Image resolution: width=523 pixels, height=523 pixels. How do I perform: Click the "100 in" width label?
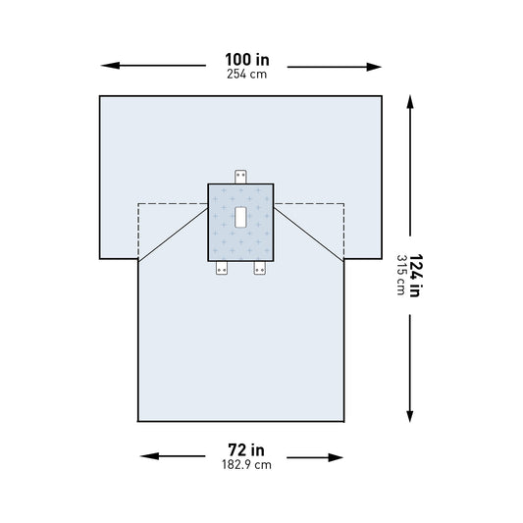click(x=241, y=60)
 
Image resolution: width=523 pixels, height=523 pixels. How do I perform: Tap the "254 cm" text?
click(x=241, y=74)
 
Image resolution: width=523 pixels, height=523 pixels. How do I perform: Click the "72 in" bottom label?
click(x=241, y=451)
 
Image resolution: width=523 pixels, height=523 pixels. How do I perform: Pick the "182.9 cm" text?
click(x=241, y=465)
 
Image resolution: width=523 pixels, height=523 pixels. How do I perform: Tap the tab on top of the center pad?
click(x=241, y=177)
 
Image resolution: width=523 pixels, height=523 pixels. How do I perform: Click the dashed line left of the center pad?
click(x=172, y=203)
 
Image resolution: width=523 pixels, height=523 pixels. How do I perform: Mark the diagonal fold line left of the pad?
click(x=175, y=235)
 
